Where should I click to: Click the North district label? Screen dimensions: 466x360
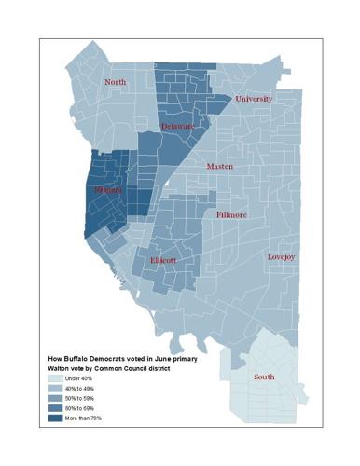[116, 82]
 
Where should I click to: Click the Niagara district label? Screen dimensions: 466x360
[108, 190]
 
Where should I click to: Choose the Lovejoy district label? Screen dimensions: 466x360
[281, 256]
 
